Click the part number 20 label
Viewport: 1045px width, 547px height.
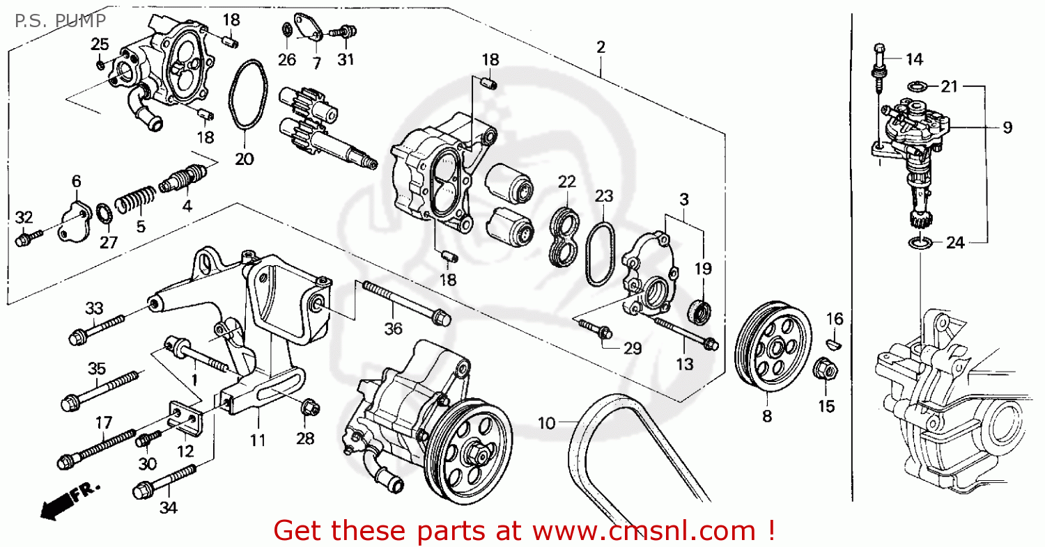coord(244,159)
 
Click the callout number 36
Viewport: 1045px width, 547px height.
coord(394,328)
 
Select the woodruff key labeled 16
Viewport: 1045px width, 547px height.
coord(834,342)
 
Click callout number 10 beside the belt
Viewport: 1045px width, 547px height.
coord(547,422)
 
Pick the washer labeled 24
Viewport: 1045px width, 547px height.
coord(920,243)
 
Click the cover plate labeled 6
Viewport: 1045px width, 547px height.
coord(74,220)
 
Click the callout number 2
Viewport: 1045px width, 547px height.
coord(601,47)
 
